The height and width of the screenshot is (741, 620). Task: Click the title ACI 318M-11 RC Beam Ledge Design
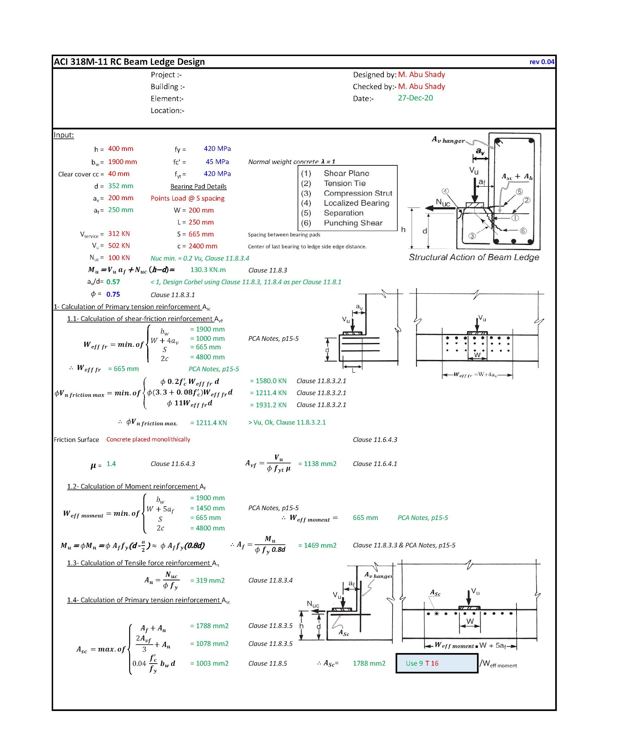[129, 62]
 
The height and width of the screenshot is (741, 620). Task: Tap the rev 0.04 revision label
[542, 62]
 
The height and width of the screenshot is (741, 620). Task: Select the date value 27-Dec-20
[415, 98]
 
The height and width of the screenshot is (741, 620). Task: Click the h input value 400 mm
[120, 149]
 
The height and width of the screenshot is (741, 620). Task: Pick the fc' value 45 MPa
[217, 162]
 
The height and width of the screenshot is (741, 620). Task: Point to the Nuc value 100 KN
[119, 258]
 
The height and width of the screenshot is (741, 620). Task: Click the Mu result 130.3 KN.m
[208, 270]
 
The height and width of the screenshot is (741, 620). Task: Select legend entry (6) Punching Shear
[342, 223]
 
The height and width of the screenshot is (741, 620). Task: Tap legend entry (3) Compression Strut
[347, 193]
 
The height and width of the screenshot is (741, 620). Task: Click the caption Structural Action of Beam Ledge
[474, 257]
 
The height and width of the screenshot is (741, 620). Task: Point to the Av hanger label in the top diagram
[448, 140]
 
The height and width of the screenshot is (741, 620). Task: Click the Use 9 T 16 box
[437, 663]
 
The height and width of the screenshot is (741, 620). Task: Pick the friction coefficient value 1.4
[111, 464]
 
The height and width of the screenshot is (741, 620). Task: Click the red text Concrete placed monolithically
[148, 439]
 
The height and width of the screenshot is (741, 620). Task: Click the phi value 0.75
[113, 295]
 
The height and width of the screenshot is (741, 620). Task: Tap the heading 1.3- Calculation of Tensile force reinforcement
[143, 563]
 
